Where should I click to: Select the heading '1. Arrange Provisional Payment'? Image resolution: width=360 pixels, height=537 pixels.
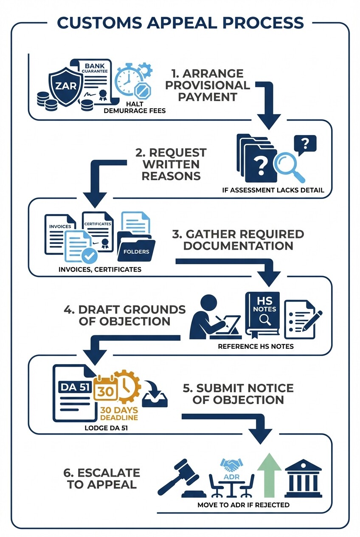207,85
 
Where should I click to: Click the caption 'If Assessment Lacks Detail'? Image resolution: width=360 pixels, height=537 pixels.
273,190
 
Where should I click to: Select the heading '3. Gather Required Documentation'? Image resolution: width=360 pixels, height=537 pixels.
238,240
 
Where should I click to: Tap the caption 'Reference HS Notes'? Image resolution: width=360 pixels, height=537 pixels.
256,346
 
